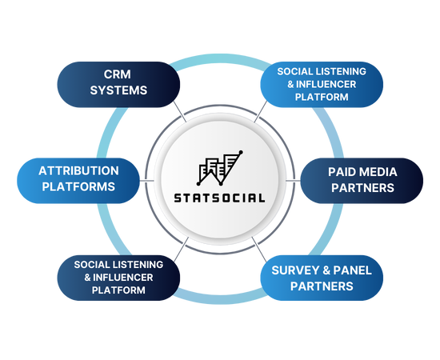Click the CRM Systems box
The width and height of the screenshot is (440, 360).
tap(118, 85)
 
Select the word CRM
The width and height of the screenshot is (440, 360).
tap(118, 74)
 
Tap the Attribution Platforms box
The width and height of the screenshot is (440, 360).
tap(78, 181)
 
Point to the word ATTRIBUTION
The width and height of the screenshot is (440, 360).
tap(78, 171)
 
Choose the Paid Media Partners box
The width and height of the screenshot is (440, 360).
tap(362, 181)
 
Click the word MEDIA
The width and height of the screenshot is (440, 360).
tap(379, 172)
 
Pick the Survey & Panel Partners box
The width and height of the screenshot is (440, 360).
tap(322, 278)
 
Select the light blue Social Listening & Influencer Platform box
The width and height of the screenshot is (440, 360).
tap(322, 85)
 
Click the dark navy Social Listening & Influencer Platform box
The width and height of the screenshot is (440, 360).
tap(118, 278)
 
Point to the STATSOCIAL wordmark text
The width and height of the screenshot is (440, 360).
tap(219, 198)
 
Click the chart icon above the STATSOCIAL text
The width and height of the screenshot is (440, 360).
tap(220, 168)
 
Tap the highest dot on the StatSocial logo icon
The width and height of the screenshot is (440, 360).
tap(241, 152)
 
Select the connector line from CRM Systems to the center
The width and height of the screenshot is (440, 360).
tap(179, 111)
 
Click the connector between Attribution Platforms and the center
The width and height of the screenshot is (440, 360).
tap(146, 181)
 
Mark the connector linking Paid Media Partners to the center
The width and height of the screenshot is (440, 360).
tap(294, 181)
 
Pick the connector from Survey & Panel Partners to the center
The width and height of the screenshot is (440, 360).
tap(259, 250)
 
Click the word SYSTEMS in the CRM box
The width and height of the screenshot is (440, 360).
tap(118, 90)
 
